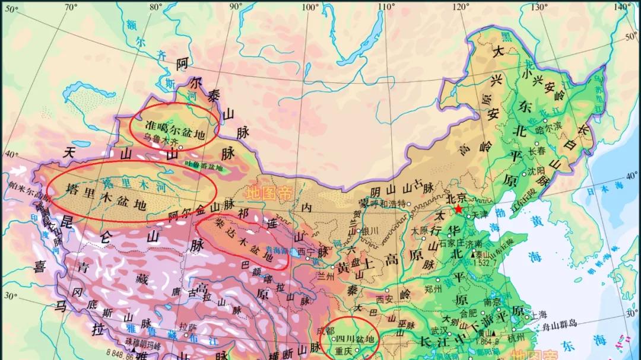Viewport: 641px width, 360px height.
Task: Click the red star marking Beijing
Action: (458, 209)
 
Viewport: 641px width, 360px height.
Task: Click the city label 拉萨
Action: (188, 326)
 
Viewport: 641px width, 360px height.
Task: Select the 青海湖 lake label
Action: (276, 250)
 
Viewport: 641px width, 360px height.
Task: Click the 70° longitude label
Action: (71, 7)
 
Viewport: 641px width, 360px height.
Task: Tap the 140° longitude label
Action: (622, 7)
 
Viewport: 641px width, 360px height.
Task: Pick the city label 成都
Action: (325, 330)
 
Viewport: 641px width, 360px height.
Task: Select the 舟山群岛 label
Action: (556, 324)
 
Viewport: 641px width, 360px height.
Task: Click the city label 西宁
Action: (307, 251)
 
